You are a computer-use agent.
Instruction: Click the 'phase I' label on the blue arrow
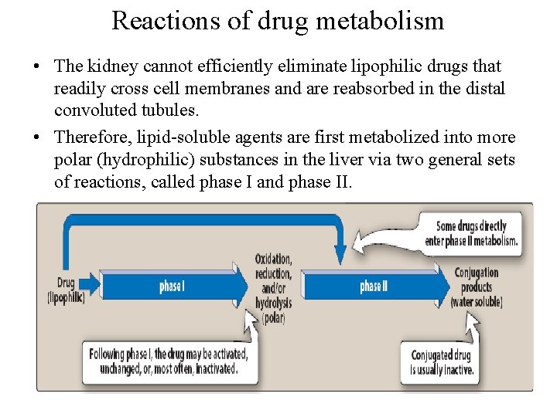(x=172, y=286)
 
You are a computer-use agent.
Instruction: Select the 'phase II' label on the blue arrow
(x=374, y=286)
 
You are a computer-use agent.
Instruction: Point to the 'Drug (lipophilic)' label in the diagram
(x=66, y=290)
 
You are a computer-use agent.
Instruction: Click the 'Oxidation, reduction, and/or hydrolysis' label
(x=274, y=288)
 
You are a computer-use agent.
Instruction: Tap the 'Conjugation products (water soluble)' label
(x=476, y=286)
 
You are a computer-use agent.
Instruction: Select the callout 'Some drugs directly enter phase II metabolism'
(x=470, y=233)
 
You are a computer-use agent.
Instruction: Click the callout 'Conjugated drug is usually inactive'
(x=441, y=362)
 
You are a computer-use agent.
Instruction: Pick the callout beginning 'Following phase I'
(x=168, y=361)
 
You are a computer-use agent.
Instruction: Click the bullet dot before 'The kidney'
(x=37, y=67)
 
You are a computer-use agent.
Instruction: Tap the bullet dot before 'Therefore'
(x=37, y=137)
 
